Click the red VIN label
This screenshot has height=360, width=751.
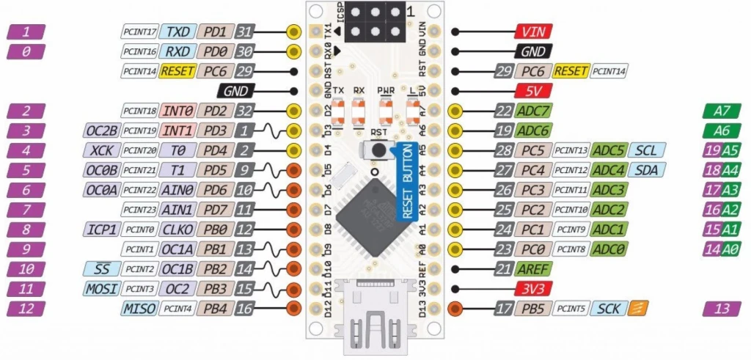click(533, 32)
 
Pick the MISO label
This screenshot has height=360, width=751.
click(140, 309)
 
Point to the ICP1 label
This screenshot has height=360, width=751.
click(102, 229)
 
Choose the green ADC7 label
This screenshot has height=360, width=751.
click(533, 111)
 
